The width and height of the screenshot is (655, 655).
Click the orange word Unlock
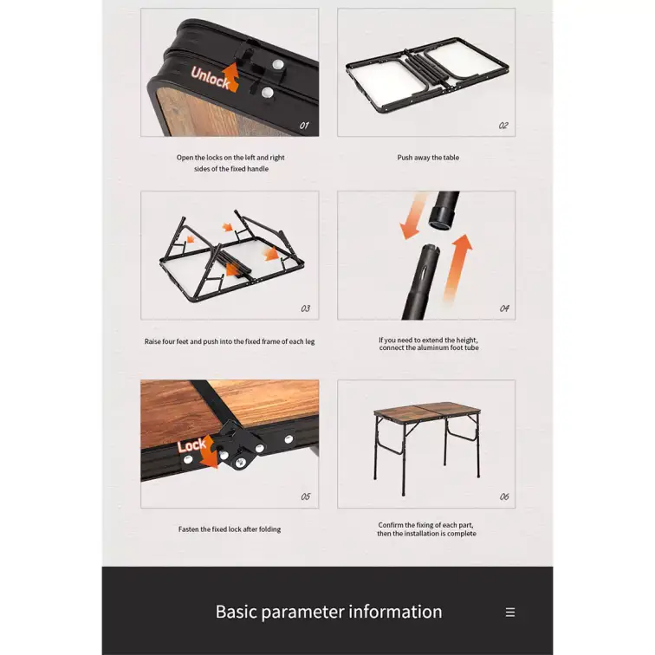point(211,78)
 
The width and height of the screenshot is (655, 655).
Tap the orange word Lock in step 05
point(191,445)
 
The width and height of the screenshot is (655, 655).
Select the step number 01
point(304,126)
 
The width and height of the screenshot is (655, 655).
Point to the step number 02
point(503,126)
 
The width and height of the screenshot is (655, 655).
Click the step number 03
point(305,308)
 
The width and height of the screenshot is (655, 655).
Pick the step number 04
point(504,308)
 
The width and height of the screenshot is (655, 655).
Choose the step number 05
point(305,496)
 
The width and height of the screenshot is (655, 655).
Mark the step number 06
point(504,496)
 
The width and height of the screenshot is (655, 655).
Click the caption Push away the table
point(428,158)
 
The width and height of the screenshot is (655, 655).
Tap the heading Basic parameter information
point(328,612)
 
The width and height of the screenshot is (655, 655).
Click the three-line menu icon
point(510,613)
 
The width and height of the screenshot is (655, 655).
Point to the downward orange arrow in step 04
point(413,216)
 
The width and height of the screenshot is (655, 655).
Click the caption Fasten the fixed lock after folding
point(230,529)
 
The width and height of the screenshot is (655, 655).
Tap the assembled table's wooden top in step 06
point(426,409)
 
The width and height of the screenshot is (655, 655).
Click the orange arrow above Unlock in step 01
point(231,76)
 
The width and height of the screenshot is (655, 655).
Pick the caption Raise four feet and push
point(230,341)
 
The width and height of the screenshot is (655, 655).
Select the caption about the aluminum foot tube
point(429,344)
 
